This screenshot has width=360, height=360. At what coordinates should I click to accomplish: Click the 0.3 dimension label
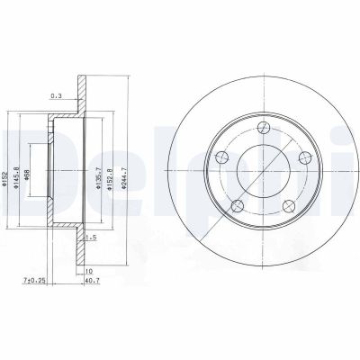click(56, 96)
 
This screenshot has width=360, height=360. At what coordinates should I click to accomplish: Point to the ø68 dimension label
click(27, 175)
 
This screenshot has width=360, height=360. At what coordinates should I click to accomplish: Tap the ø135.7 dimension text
click(97, 178)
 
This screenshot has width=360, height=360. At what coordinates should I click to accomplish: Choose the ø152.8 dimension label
click(110, 178)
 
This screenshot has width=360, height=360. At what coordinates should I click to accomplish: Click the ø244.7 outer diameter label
click(124, 178)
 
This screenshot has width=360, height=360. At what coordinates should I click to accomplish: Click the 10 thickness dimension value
click(89, 271)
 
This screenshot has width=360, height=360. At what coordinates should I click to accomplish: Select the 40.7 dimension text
click(93, 281)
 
